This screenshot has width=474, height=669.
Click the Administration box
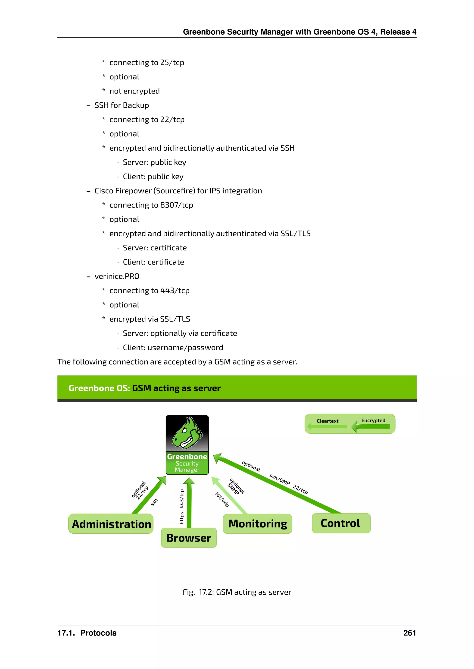tap(111, 524)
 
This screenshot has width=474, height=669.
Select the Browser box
tap(189, 538)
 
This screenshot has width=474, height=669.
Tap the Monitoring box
tap(257, 524)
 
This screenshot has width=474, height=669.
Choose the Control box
tap(341, 523)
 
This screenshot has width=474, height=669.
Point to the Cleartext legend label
tap(327, 421)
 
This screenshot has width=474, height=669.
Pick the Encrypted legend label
tap(373, 420)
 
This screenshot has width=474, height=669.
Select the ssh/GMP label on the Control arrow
tap(280, 479)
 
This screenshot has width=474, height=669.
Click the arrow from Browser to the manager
tap(189, 504)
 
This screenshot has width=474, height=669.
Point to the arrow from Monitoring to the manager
tap(229, 495)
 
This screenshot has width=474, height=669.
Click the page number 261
tap(409, 633)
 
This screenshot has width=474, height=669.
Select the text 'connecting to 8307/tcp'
tap(151, 205)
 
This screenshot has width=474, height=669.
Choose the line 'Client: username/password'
tap(173, 348)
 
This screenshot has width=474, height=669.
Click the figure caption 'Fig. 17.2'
tap(237, 592)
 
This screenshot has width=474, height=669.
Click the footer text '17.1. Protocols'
tap(87, 633)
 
